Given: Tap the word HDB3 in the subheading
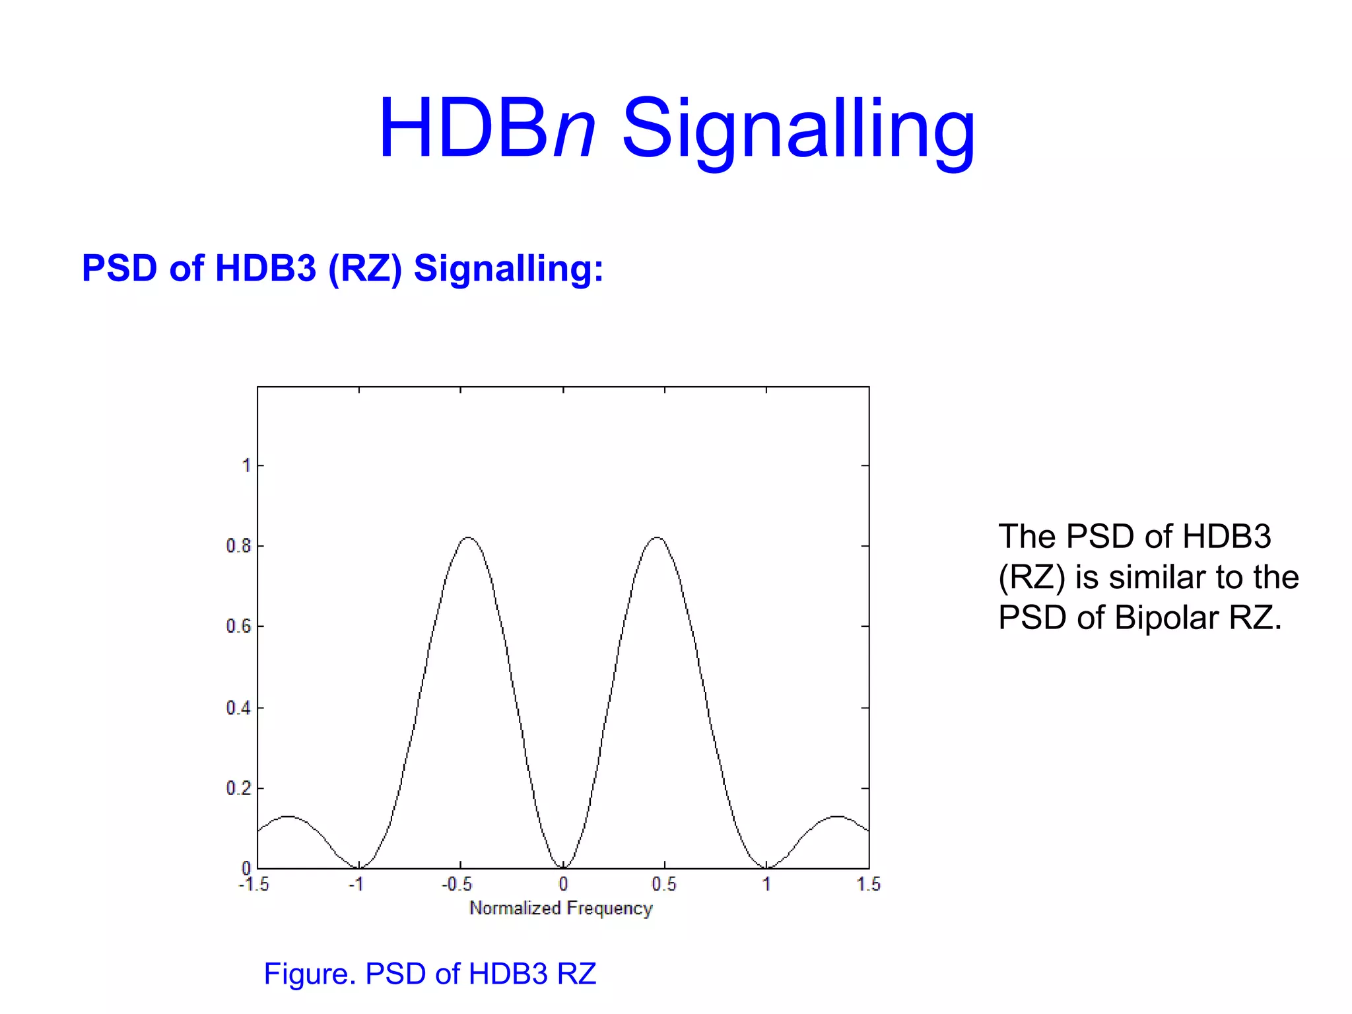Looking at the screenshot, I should tap(265, 269).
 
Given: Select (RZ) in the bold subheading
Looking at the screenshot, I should tap(365, 269).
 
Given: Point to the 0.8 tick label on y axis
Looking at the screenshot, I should tap(238, 546).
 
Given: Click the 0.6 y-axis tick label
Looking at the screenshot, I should tap(238, 626).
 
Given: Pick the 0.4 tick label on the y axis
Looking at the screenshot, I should tap(238, 708).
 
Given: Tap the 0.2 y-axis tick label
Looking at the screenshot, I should tap(238, 788).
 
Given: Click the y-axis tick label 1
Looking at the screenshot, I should tap(246, 466).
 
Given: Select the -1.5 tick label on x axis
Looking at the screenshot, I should tap(254, 885).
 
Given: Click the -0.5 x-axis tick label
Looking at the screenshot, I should tap(457, 885).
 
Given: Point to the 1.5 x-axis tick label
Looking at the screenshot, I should tap(869, 885).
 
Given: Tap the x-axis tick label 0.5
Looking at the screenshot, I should tap(664, 885).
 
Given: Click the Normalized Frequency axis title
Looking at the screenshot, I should tap(561, 908).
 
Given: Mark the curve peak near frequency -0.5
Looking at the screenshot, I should tap(468, 537).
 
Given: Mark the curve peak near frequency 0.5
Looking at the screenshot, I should tap(658, 537).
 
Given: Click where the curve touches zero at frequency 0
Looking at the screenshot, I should tap(563, 867).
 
